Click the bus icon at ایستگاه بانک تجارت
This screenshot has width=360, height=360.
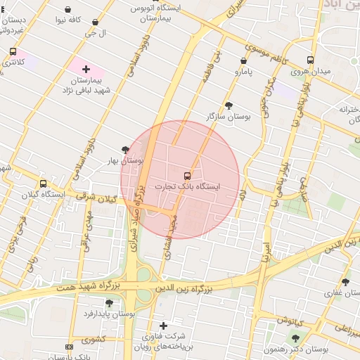[187, 175]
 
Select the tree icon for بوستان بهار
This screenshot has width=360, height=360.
[125, 149]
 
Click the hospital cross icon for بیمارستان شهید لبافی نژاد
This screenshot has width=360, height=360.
[86, 69]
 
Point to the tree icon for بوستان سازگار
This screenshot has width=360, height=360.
[229, 105]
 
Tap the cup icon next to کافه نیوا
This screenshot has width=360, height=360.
[67, 10]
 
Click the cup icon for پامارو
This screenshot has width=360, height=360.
[243, 60]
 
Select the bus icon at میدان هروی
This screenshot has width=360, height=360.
[311, 60]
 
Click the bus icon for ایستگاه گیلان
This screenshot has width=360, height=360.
[43, 184]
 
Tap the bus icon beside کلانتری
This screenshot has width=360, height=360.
[13, 51]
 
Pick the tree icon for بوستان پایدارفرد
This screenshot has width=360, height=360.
[109, 302]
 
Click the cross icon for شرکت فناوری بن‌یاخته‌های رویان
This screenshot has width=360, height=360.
[163, 326]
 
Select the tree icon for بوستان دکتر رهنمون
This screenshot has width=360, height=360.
[295, 338]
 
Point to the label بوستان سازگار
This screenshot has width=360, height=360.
[229, 116]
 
